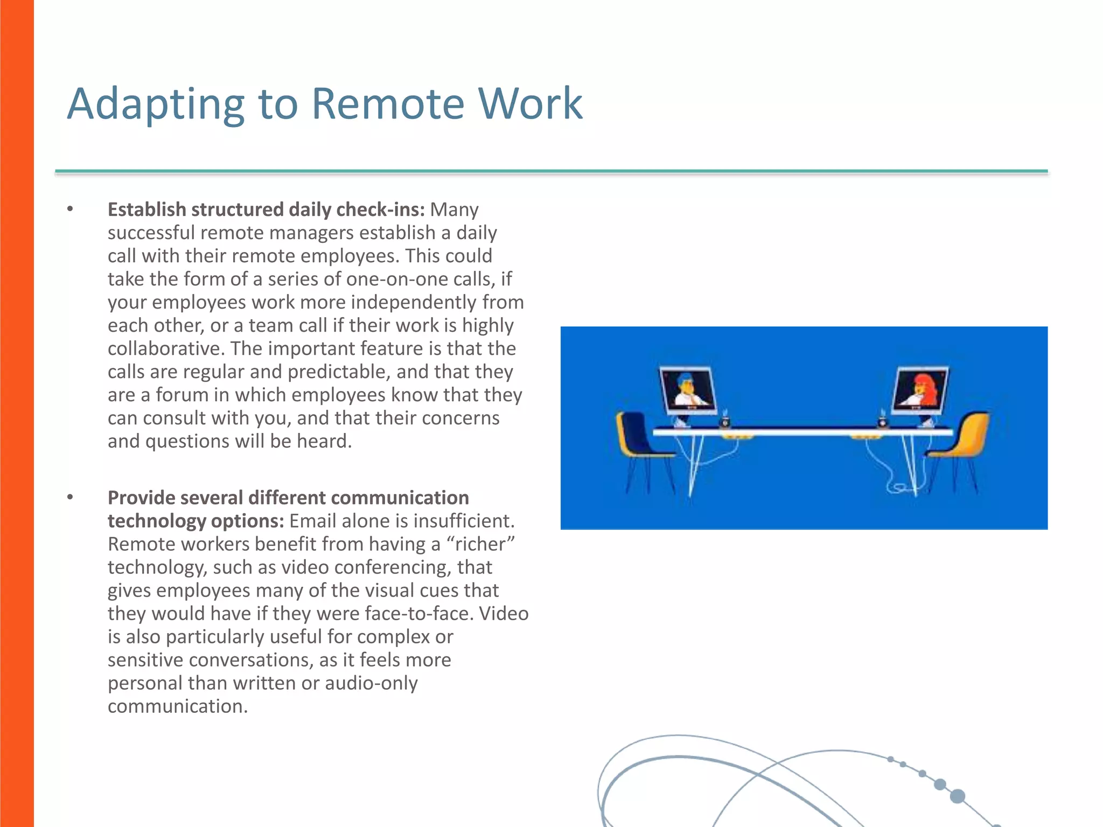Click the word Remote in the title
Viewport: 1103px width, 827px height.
[387, 103]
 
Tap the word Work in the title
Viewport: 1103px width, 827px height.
[530, 103]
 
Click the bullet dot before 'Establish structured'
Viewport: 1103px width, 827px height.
[70, 209]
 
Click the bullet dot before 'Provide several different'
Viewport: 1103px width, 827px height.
[70, 497]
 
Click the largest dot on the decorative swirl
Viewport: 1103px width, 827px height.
[958, 796]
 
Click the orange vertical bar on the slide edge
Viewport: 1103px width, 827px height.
[17, 413]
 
